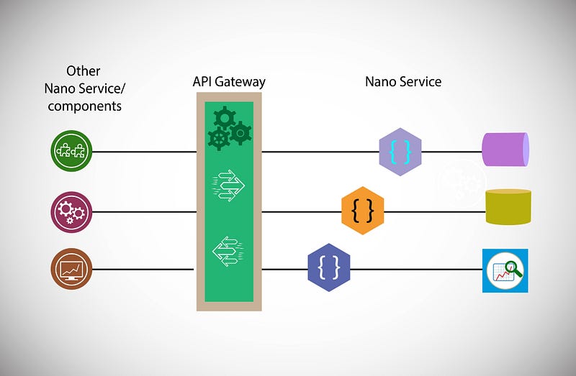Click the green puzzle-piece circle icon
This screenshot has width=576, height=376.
click(72, 152)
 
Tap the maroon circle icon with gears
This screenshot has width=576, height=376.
click(72, 211)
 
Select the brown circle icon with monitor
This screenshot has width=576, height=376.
click(72, 270)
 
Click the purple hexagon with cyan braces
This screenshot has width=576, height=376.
click(400, 152)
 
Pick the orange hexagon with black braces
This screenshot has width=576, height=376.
click(362, 211)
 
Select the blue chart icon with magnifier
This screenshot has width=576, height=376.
click(505, 270)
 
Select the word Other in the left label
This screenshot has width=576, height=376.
click(83, 71)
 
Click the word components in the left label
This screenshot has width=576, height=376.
click(83, 106)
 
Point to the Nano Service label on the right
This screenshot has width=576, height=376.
click(402, 82)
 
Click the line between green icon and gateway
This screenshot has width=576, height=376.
click(144, 152)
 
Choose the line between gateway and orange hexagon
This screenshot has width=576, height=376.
click(301, 211)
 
